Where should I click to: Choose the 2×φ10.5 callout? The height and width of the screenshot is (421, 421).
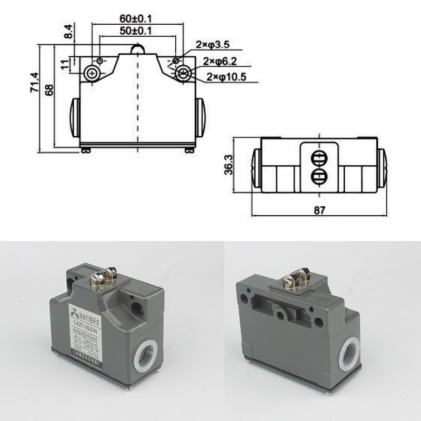pyautogui.click(x=225, y=77)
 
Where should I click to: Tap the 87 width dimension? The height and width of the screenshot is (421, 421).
pyautogui.click(x=319, y=209)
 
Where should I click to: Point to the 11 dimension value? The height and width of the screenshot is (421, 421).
pyautogui.click(x=65, y=64)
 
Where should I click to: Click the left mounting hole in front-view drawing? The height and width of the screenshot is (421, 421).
pyautogui.click(x=93, y=73)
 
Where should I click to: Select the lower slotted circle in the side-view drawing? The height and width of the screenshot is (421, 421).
pyautogui.click(x=319, y=176)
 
